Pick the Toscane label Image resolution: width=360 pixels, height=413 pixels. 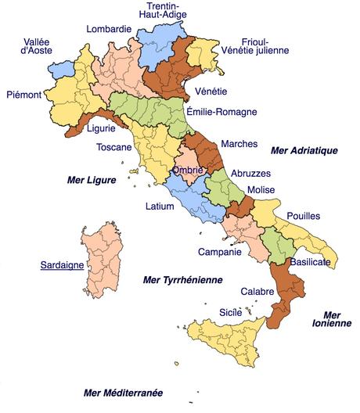pyautogui.click(x=113, y=147)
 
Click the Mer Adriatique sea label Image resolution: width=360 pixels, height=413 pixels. pyautogui.click(x=303, y=149)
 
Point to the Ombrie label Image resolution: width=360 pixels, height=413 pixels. pyautogui.click(x=188, y=170)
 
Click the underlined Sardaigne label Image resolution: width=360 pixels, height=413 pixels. pyautogui.click(x=62, y=264)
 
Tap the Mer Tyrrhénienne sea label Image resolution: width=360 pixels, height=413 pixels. pyautogui.click(x=183, y=279)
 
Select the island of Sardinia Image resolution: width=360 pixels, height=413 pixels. pyautogui.click(x=102, y=262)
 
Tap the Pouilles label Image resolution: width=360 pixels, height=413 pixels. pyautogui.click(x=304, y=216)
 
